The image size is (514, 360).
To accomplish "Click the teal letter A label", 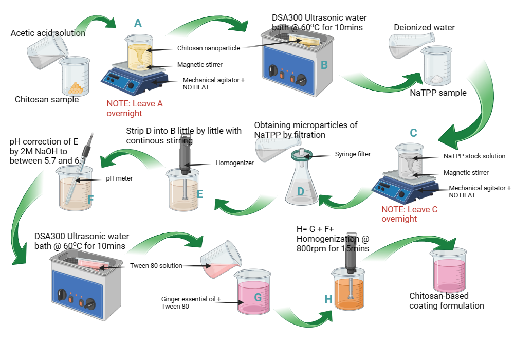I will coord(137,23).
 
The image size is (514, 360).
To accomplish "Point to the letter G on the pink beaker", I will coord(258,298).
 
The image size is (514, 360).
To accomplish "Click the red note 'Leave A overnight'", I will coord(135,108).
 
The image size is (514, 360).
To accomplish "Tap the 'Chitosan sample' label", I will coord(47,99).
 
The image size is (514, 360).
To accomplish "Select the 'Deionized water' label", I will coord(424,27).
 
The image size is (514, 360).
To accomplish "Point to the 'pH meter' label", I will coord(119,179).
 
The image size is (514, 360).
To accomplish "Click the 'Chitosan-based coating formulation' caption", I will coord(446,301).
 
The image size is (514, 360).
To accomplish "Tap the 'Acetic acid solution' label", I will coord(48,33).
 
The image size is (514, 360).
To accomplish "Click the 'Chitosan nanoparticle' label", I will coord(208,48).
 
